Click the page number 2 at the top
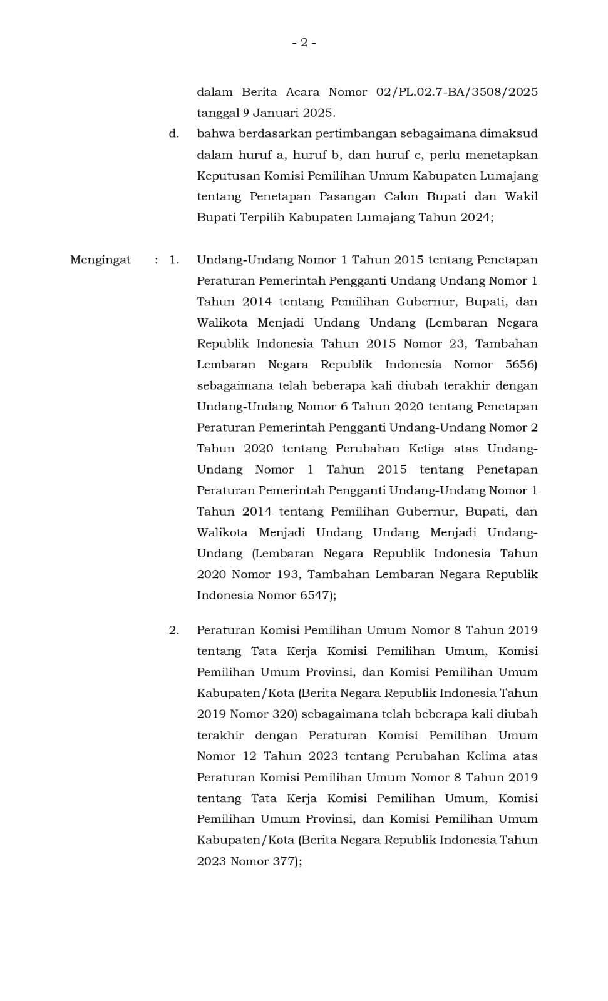(304, 43)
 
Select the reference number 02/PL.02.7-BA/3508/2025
(456, 92)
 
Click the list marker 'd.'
(174, 134)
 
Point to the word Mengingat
(100, 260)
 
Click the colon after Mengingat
(157, 260)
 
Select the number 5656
(521, 365)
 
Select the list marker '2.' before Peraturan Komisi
(174, 630)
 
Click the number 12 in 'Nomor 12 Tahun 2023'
(249, 756)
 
